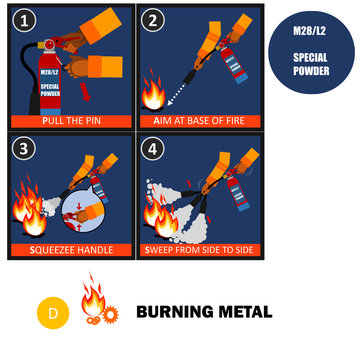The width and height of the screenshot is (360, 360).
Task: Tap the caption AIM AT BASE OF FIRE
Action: tap(199, 120)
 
